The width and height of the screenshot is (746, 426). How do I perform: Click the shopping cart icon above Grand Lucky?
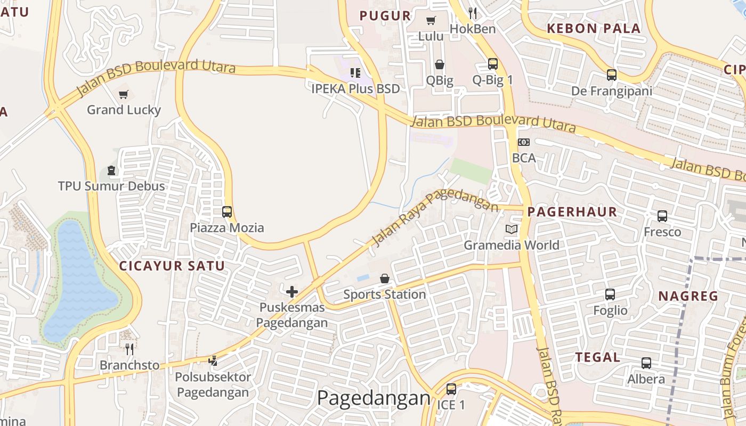pos(124,95)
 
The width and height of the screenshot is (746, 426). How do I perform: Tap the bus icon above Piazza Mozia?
pos(227,212)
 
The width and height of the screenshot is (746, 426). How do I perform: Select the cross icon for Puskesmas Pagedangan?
pos(292,292)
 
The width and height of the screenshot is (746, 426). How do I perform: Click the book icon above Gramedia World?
pos(512,230)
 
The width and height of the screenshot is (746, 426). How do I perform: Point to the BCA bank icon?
pos(524,142)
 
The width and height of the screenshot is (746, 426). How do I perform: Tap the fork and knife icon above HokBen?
pos(473,13)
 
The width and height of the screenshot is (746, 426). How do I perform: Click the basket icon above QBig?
pos(440,64)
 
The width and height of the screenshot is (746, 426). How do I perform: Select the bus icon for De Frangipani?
pos(612,75)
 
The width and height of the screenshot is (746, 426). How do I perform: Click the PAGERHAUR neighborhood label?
pos(572,212)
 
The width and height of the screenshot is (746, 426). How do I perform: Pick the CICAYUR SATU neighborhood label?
pos(172,266)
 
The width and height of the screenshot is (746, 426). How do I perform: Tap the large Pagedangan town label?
pos(374,398)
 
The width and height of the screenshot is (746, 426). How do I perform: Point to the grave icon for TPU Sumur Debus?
pos(111,170)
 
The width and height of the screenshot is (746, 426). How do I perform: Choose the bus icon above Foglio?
pos(610,294)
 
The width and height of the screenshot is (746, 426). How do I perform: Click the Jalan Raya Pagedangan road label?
pos(434,216)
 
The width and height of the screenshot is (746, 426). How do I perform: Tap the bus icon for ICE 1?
pos(451,389)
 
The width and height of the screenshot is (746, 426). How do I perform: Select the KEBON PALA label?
pos(594,29)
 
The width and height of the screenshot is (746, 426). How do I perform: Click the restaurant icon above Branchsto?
pos(129,349)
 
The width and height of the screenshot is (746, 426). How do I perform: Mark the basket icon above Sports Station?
pos(385,278)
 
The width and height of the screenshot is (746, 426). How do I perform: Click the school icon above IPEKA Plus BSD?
pos(355,73)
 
